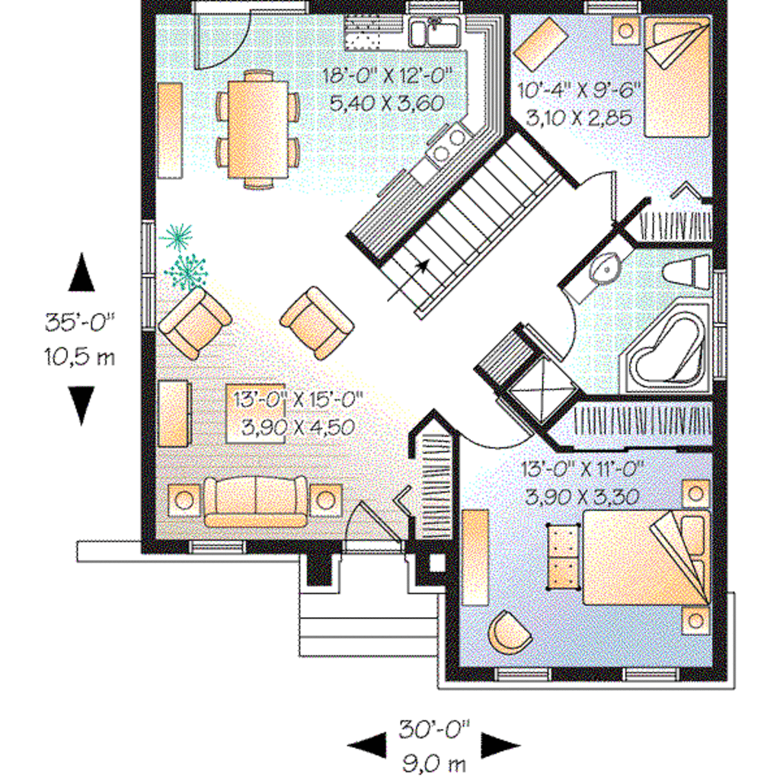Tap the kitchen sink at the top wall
point(433,34)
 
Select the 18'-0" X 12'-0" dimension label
point(388,76)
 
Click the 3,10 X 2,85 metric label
point(579,117)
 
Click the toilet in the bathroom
point(685,270)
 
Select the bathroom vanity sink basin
point(606,269)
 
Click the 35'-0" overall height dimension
point(78,323)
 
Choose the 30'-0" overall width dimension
point(434,729)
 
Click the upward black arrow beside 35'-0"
point(82,273)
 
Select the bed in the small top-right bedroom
point(677,76)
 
